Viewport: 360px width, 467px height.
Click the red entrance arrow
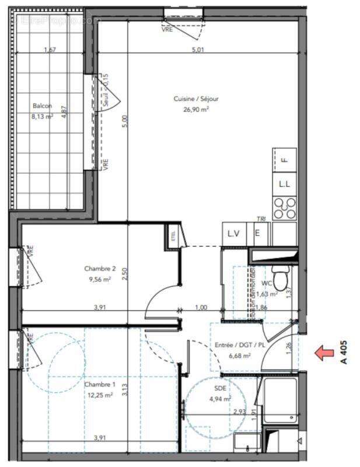321,353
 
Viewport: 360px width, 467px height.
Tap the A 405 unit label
344,353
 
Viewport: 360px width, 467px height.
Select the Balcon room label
42,106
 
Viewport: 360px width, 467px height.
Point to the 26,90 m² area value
196,109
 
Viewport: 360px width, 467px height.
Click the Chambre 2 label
100,269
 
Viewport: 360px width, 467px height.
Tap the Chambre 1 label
100,385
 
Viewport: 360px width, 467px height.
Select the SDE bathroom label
221,388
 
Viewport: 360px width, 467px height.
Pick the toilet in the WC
281,278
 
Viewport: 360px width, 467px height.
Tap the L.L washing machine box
284,184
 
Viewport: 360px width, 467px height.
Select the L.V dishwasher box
233,233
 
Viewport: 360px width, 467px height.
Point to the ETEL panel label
173,236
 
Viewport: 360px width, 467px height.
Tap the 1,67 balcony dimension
50,50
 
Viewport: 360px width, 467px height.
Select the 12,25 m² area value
100,395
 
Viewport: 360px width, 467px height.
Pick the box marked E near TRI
257,233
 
